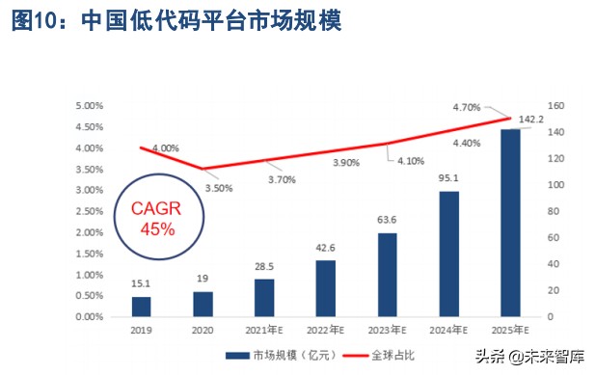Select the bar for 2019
pos(142,307)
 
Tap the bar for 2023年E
pos(388,275)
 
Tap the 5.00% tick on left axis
pos(88,106)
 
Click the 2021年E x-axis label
pos(264,330)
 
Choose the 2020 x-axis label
pos(203,330)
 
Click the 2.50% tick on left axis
pos(88,212)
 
